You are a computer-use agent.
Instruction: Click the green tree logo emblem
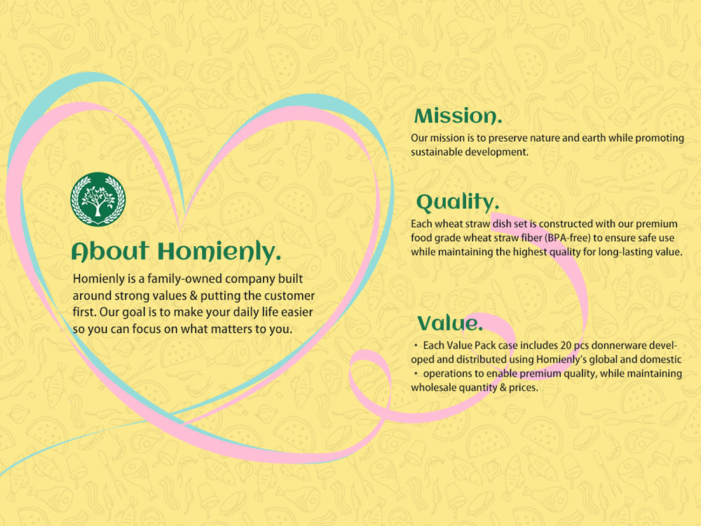click(98, 199)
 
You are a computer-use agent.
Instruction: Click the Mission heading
click(458, 116)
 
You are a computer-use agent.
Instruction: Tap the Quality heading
click(457, 203)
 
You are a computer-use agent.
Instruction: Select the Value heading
click(450, 323)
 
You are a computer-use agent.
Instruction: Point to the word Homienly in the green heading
click(219, 251)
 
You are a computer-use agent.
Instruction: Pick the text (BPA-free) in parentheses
click(567, 238)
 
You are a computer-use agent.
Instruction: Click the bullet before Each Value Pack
click(416, 346)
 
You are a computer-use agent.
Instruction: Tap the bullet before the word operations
click(416, 374)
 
